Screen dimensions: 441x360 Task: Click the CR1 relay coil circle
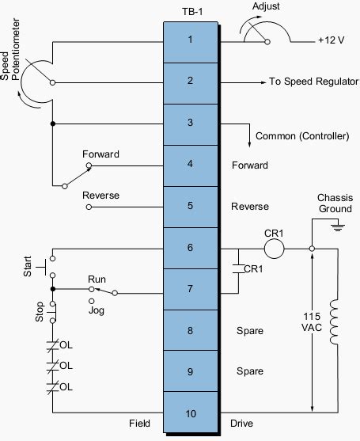[x=274, y=247]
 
